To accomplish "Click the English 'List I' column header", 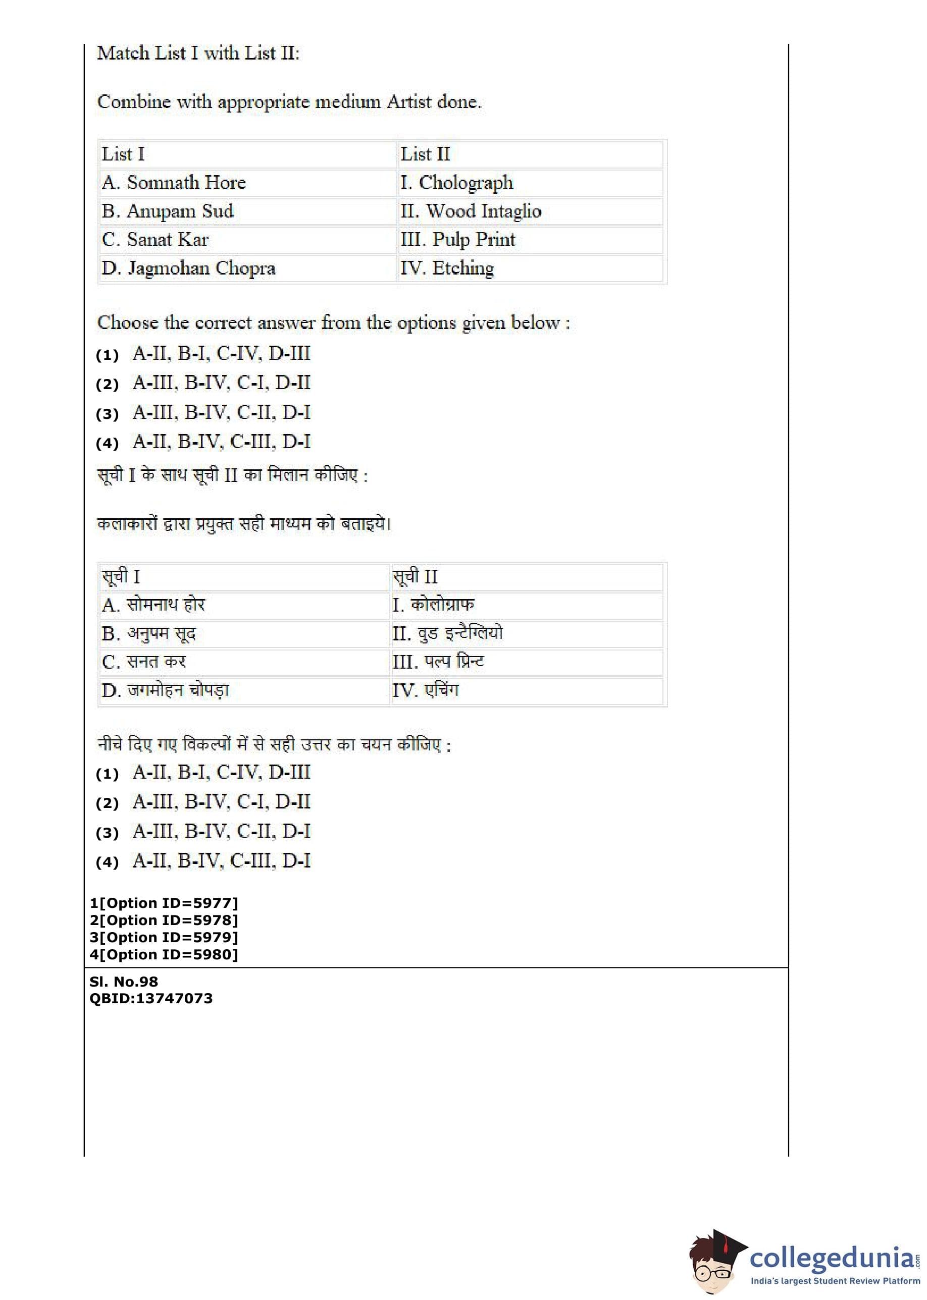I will point(123,154).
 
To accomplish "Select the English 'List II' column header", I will point(425,154).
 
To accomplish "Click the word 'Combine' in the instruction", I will point(134,102).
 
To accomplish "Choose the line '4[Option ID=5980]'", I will point(164,954).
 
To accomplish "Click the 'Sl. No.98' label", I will point(124,982).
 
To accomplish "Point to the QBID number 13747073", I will point(174,998).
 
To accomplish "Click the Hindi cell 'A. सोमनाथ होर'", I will point(153,605).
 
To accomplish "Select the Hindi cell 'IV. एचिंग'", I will point(425,691).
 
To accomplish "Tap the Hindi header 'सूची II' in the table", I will point(415,577).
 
